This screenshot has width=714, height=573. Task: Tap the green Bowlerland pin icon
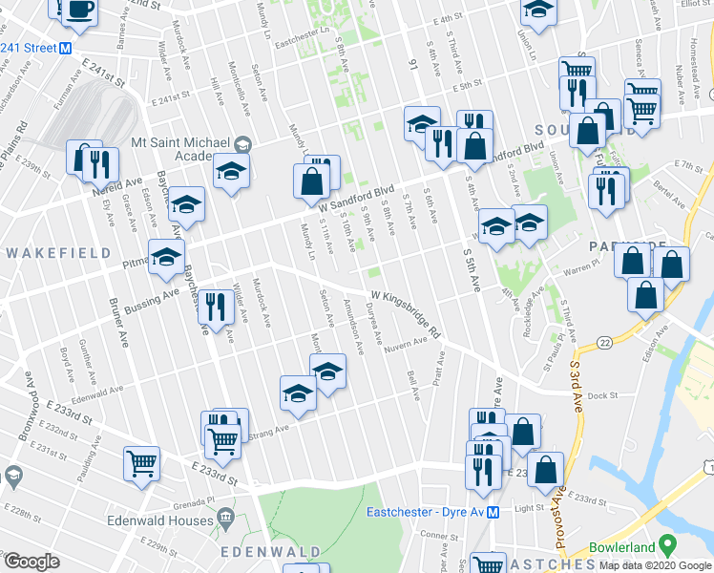(x=667, y=546)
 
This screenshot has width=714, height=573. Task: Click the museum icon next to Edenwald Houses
(x=226, y=520)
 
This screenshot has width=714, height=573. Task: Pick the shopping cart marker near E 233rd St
(x=142, y=463)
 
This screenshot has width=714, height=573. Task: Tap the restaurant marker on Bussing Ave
(x=215, y=307)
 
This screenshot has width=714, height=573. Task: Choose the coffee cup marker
(x=79, y=10)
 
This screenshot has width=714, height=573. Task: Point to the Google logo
(x=31, y=562)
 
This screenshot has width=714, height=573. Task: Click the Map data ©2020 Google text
(x=655, y=565)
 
